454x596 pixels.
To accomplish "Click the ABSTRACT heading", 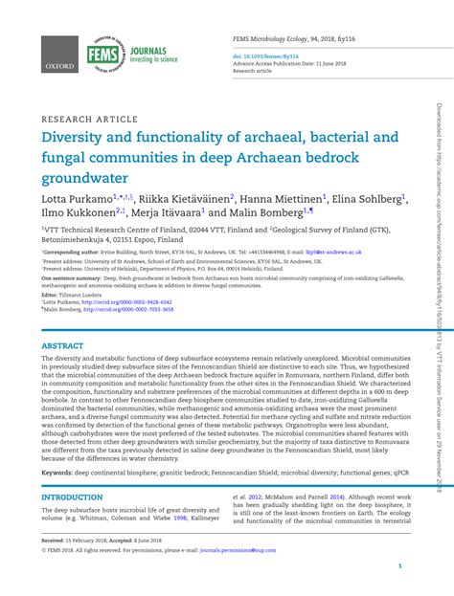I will coord(62,345).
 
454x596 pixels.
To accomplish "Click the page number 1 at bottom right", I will coord(399,566).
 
